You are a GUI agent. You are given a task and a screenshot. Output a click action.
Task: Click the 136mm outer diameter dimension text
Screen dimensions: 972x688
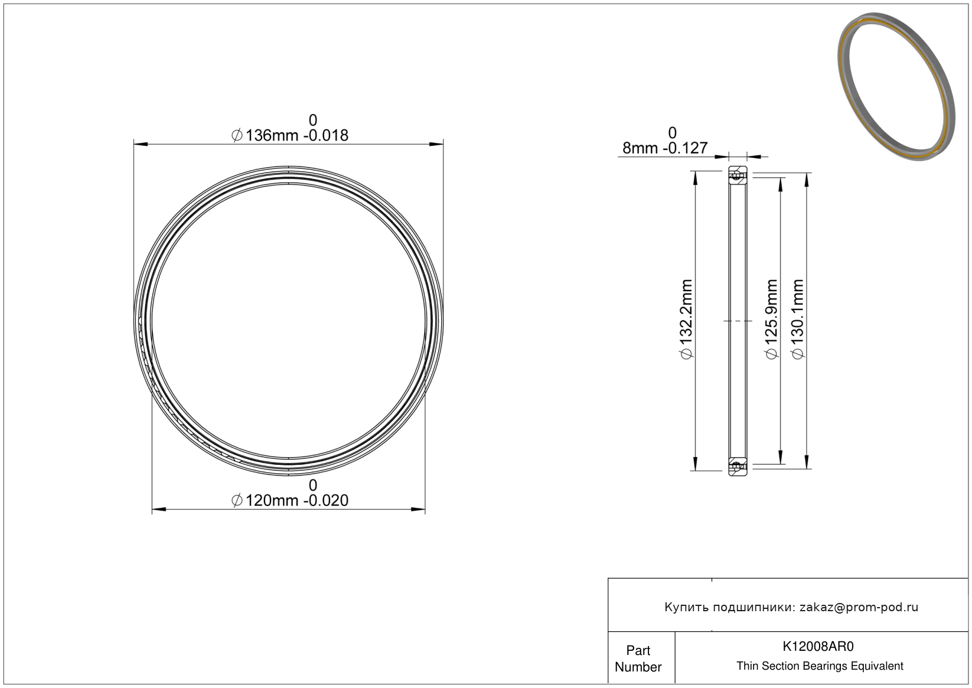pyautogui.click(x=290, y=135)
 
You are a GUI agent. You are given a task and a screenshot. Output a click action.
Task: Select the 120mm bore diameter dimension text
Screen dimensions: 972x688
pyautogui.click(x=290, y=500)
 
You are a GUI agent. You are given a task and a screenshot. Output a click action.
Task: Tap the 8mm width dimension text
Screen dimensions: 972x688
pyautogui.click(x=665, y=148)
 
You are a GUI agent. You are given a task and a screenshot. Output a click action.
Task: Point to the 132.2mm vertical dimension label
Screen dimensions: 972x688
pyautogui.click(x=686, y=319)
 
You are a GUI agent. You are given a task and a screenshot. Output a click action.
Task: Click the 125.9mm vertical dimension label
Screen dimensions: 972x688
pyautogui.click(x=771, y=319)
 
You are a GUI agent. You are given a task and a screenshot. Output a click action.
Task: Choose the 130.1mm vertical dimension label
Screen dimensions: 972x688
pyautogui.click(x=798, y=319)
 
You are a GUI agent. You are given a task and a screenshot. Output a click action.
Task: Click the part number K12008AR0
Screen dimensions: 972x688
pyautogui.click(x=818, y=646)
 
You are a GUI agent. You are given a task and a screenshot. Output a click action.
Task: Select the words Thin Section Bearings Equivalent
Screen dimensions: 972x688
pyautogui.click(x=820, y=666)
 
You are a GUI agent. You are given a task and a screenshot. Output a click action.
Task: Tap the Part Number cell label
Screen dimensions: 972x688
pyautogui.click(x=638, y=658)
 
